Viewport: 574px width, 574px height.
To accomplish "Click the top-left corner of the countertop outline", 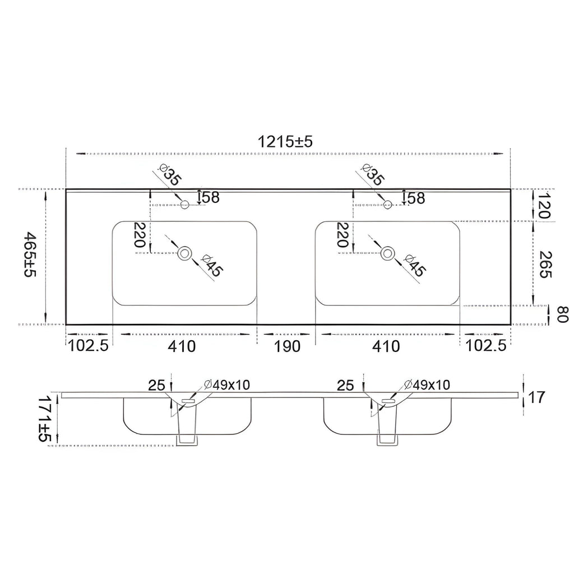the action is pos(66,189).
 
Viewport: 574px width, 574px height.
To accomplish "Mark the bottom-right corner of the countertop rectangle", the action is pos(510,325).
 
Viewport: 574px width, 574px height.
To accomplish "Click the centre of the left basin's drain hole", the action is pos(185,253).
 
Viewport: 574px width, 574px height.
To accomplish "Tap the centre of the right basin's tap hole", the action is pos(388,204).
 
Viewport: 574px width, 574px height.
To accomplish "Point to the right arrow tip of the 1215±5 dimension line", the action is pos(502,154).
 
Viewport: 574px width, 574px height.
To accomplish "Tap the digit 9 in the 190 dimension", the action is pos(287,346).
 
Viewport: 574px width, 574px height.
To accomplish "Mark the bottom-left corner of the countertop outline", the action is pos(66,325).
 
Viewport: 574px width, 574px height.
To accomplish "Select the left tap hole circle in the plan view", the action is pos(185,204).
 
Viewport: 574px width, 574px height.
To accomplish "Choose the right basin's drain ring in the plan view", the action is pos(388,253).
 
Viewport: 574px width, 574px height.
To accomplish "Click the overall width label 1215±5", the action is pos(285,141).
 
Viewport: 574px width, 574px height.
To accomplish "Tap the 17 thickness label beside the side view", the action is pos(536,397).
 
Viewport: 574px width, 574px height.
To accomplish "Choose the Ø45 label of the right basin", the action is pos(414,265).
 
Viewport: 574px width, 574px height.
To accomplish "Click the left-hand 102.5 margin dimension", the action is pos(88,346).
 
